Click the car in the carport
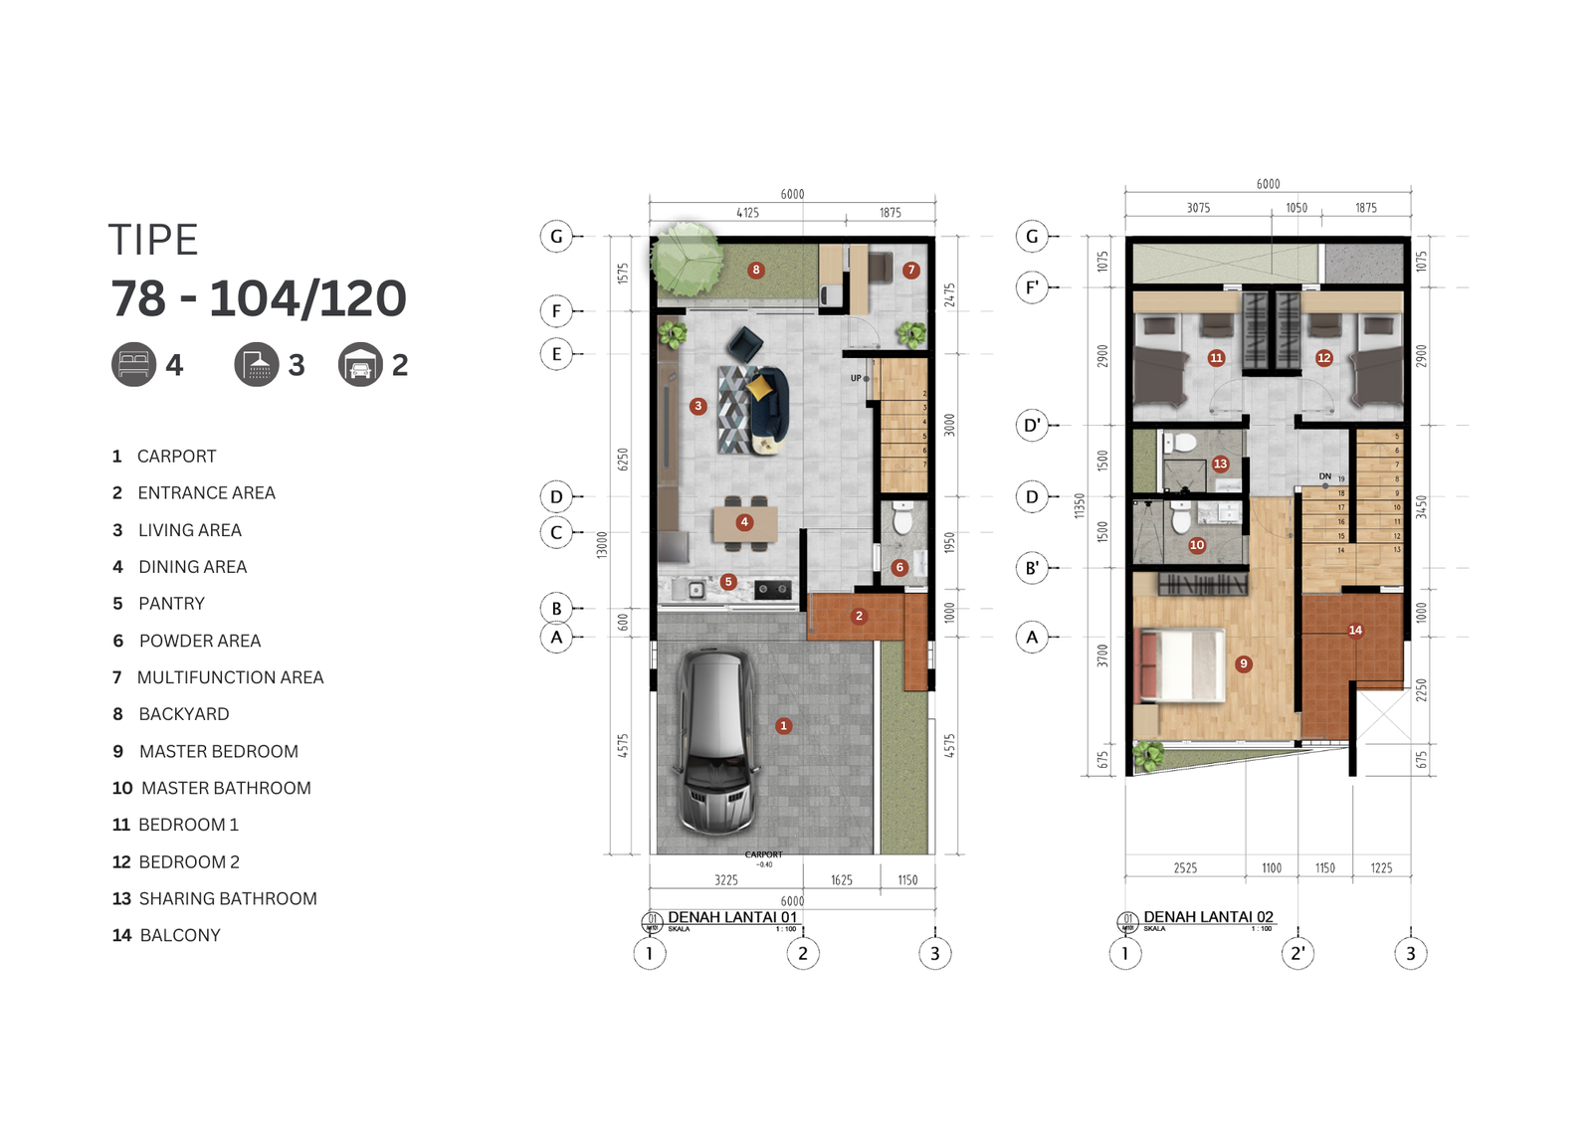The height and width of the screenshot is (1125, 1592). coord(713,741)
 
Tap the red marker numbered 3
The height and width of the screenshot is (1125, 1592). coord(698,406)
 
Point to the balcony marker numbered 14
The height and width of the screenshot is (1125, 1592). coord(1355,630)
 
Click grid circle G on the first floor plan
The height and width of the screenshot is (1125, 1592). coord(556,237)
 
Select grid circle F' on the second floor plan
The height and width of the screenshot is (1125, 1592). coord(1032,288)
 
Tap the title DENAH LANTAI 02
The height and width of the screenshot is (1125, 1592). coord(1208,917)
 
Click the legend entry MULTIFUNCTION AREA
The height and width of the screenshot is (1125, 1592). coord(230,677)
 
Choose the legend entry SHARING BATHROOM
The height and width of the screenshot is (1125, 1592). coord(228,898)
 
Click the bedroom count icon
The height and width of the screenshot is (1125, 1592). coord(133,365)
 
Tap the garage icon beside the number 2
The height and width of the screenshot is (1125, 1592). coord(360,365)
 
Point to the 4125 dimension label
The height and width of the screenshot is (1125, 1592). coord(747,213)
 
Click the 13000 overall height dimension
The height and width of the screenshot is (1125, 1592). coord(601,544)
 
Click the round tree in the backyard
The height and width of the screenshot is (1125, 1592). coord(687,258)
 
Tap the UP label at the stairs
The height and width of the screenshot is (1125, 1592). coord(856,378)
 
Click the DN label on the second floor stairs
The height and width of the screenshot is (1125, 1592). coord(1324,476)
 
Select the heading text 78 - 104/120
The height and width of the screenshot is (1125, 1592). coord(258,298)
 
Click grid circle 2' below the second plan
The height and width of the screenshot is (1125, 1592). coord(1297,953)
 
